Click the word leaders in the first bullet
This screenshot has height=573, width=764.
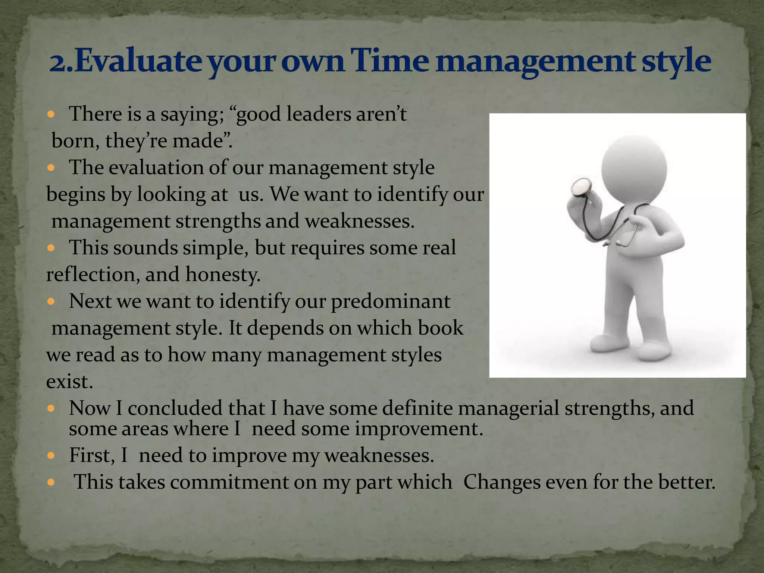pos(319,114)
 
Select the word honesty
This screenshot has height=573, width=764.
pos(223,275)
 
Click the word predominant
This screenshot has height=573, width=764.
pos(390,301)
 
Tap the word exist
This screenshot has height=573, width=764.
pos(69,382)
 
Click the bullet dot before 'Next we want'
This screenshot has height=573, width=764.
pos(51,301)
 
